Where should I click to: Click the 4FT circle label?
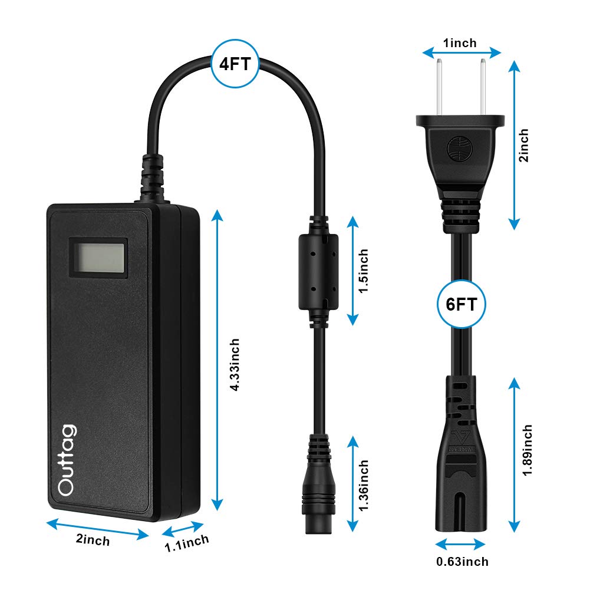235,64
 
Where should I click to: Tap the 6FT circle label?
462,305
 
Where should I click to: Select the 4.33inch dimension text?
235,365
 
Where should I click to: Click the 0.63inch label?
462,561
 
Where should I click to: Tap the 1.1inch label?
186,541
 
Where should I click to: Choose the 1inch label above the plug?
460,42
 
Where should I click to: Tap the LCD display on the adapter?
99,256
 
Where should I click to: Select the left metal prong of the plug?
438,85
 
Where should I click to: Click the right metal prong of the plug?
483,85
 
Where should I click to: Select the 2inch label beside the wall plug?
523,145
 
